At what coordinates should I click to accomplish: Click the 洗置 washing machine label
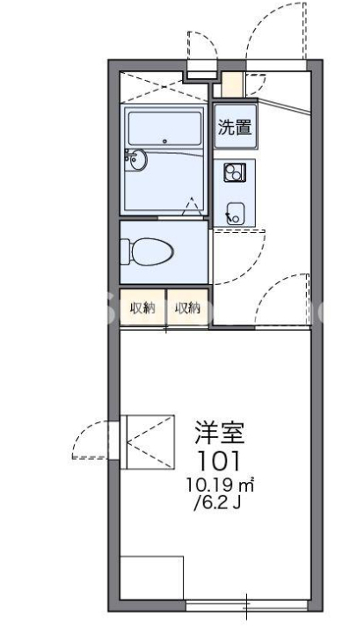point(235,127)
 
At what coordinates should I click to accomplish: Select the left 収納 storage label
point(142,308)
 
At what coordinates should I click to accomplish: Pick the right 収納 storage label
point(187,308)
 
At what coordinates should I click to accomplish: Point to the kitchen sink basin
point(235,212)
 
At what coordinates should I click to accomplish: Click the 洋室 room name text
point(220,434)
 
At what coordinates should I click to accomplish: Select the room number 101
point(220,460)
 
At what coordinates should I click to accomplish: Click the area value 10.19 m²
point(220,484)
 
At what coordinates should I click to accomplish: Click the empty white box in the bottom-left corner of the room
point(151,578)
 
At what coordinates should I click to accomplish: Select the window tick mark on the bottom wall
point(247,605)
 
